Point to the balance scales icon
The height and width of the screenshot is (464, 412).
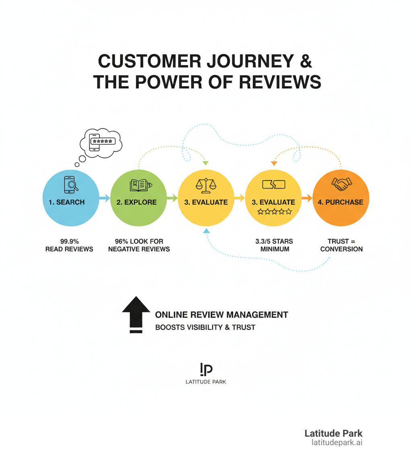point(206,185)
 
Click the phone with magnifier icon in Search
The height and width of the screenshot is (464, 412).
point(71,185)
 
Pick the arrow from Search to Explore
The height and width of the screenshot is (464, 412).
point(104,198)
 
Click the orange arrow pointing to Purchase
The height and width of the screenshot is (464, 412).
point(307,198)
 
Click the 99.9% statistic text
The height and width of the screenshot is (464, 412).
point(69,241)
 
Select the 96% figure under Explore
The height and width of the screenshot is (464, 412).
point(122,241)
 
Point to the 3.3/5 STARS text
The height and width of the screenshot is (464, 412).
point(274,241)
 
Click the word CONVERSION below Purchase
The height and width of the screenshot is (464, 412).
point(341,249)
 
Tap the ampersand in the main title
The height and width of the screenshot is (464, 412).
point(306,61)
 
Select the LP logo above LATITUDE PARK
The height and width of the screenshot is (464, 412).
point(206,369)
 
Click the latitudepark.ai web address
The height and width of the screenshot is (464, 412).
point(337,442)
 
